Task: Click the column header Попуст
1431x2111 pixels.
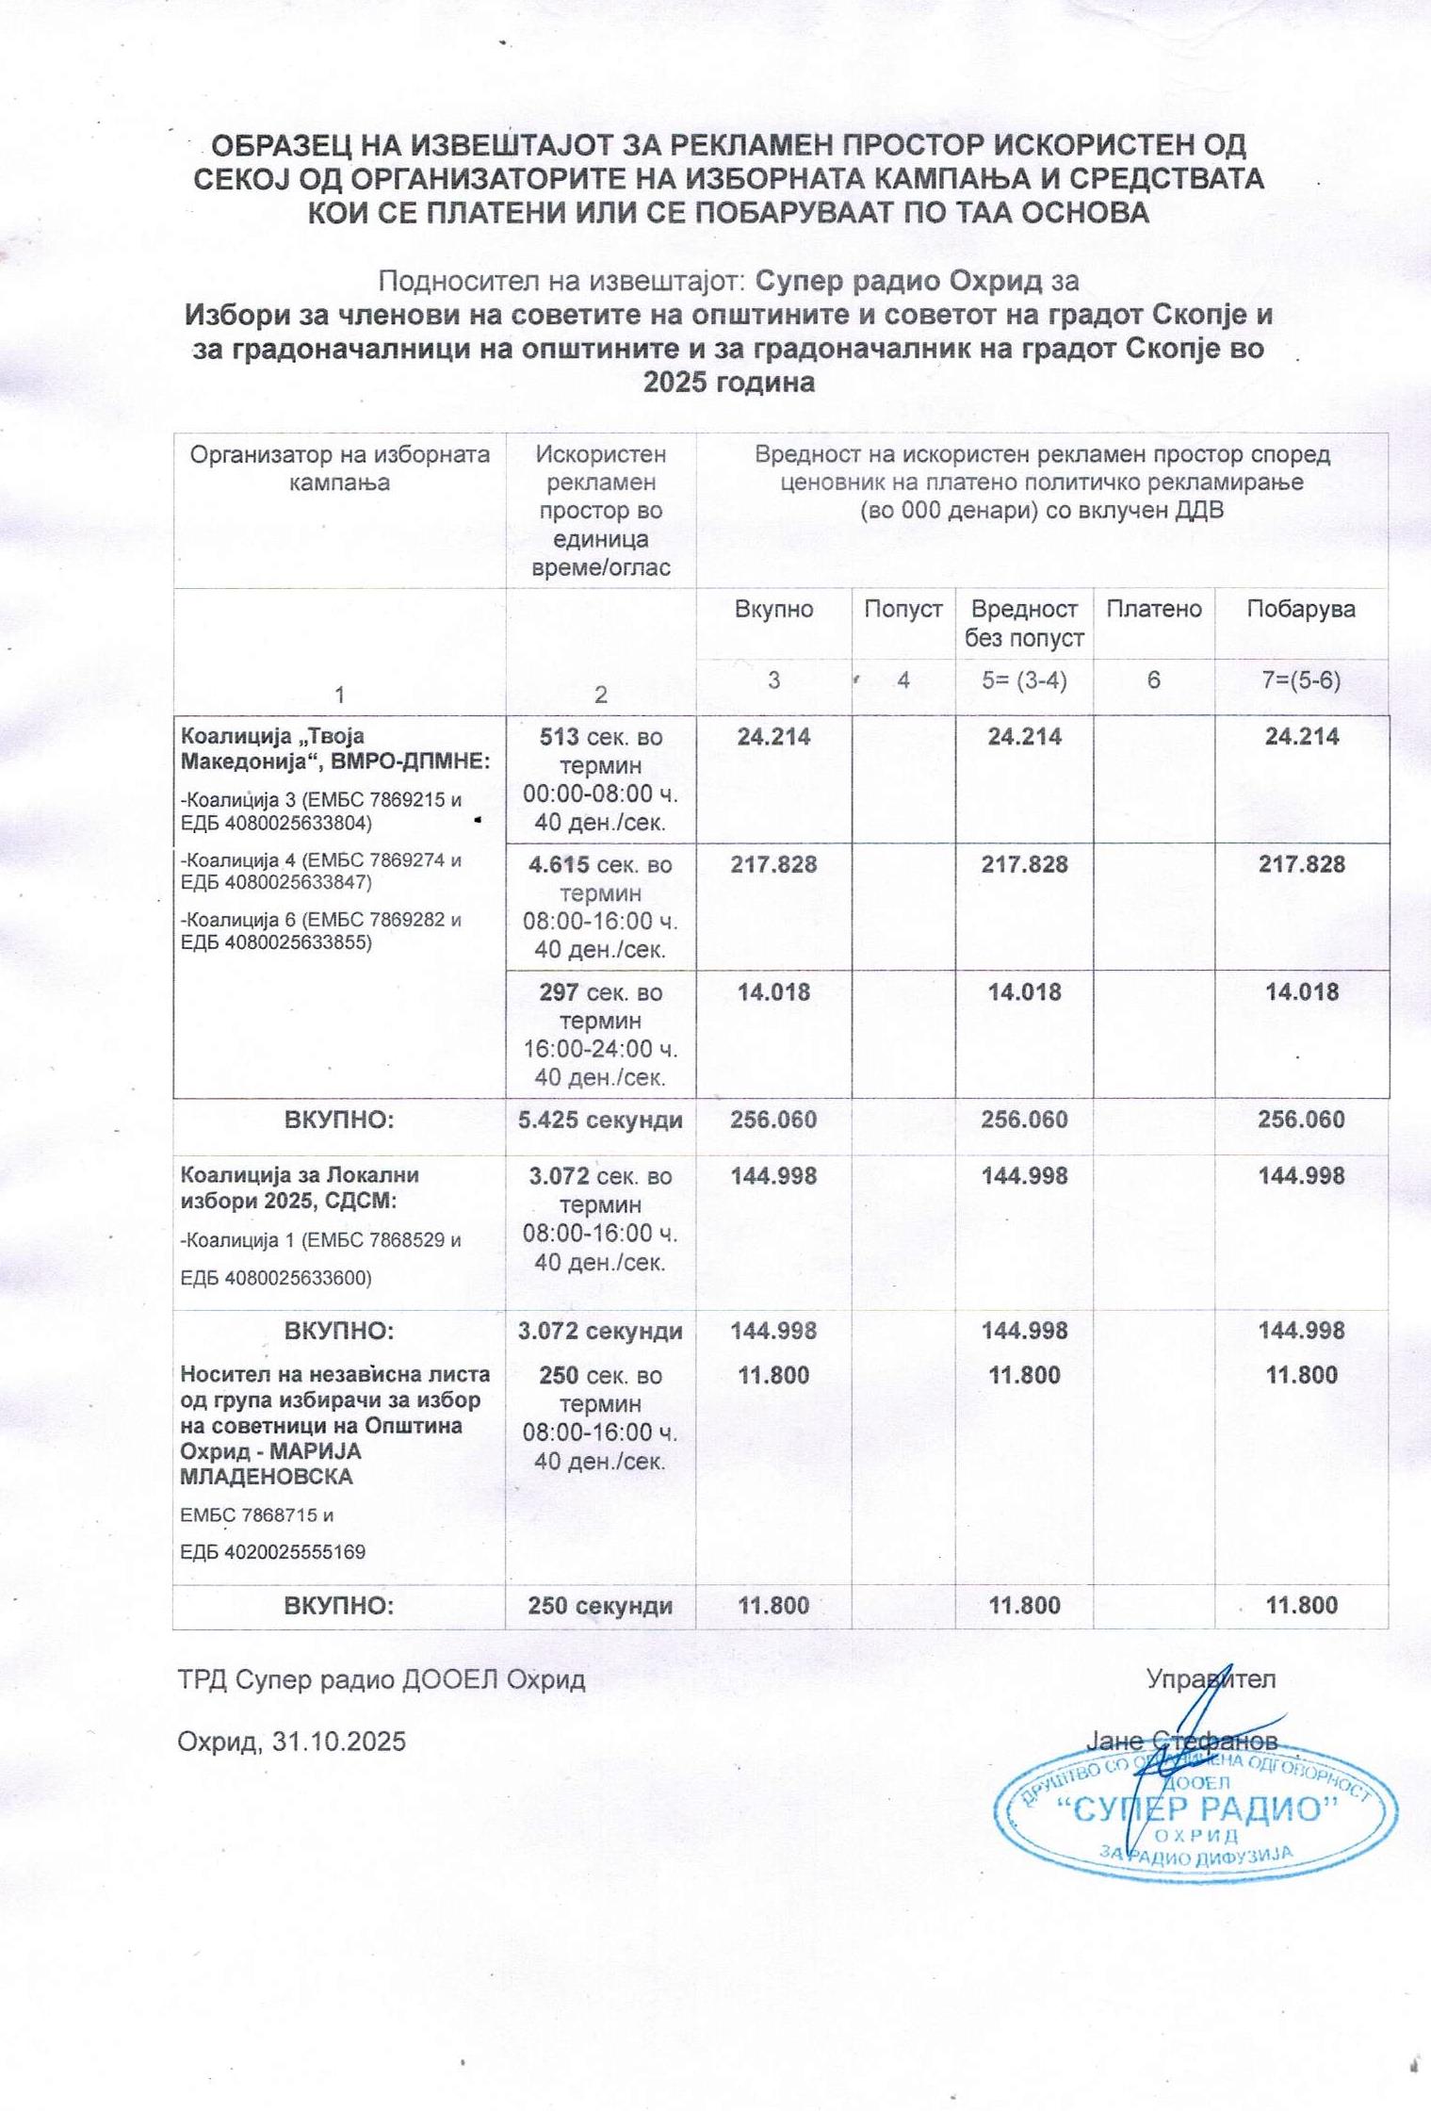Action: (x=903, y=609)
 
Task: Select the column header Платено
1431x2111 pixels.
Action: (x=1153, y=609)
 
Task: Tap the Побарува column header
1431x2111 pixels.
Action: (x=1300, y=609)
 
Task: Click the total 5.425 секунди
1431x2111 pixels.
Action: (x=600, y=1120)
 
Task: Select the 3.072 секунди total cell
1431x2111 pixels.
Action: (x=600, y=1331)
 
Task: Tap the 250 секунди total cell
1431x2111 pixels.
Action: (x=600, y=1606)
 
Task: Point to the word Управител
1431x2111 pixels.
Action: (x=1211, y=1678)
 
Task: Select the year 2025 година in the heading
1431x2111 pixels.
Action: (x=728, y=383)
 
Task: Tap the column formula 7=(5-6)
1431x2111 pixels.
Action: (x=1300, y=680)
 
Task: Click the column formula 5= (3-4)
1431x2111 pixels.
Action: (x=1024, y=680)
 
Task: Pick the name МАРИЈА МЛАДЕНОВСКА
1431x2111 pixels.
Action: (x=270, y=1464)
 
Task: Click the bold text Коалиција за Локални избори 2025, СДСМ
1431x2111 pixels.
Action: (x=299, y=1188)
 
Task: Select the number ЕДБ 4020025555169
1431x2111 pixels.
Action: (x=272, y=1552)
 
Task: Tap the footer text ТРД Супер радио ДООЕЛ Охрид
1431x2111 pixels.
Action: (x=382, y=1679)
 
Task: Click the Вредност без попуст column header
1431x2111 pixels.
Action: (x=1024, y=623)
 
